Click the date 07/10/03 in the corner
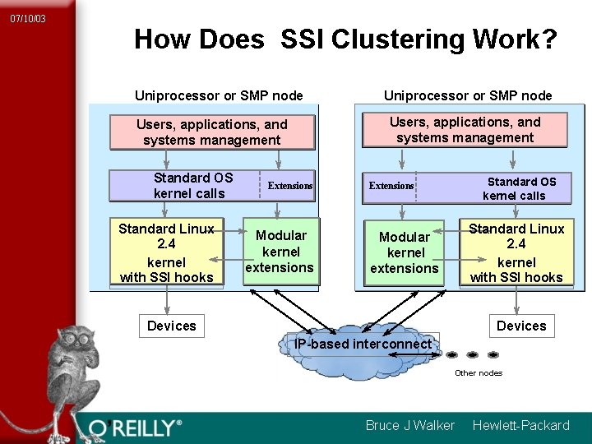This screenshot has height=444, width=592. pos(28,18)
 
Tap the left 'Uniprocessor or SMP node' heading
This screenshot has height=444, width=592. pos(219,95)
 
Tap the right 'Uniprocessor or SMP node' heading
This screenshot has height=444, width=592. pos(468,95)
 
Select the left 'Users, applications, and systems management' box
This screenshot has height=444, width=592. pos(212,132)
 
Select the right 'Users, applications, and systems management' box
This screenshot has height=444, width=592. pos(465,130)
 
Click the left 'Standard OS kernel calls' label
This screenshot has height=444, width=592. pos(192,186)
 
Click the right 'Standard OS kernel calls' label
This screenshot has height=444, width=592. pos(520,188)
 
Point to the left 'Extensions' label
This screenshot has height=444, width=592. pos(290,186)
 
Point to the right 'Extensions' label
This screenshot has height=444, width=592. pos(391,186)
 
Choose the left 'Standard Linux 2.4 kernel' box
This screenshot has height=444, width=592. pos(166,252)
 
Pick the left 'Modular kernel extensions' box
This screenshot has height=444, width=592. pos(280,252)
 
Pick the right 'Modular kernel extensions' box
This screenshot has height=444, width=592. pos(405,252)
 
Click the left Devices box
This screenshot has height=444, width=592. pos(171,326)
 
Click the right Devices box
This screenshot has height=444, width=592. pos(520,326)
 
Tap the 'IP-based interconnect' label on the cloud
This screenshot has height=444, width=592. pos(363,344)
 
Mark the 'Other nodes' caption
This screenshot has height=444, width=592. pos(479,373)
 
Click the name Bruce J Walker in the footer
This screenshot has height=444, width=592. pos(409,425)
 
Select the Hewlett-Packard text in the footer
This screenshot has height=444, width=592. pos(520,425)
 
